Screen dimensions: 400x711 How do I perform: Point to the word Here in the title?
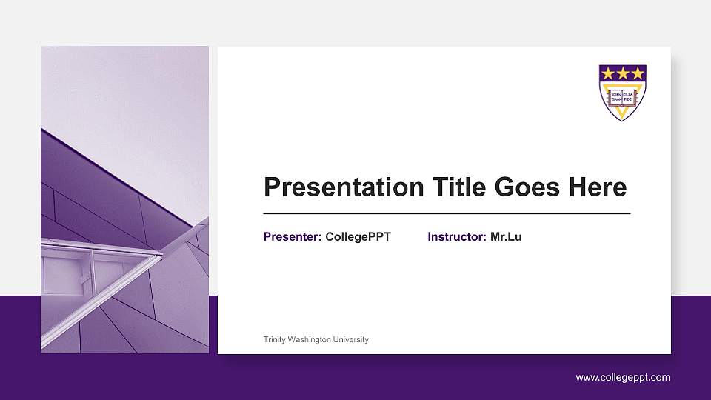(x=597, y=187)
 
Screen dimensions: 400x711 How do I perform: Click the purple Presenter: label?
(x=293, y=237)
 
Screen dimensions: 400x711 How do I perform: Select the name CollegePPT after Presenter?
(x=358, y=237)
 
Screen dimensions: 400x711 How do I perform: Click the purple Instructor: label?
(x=457, y=237)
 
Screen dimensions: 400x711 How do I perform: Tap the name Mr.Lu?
(x=506, y=237)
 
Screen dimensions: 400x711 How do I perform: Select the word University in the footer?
(x=352, y=339)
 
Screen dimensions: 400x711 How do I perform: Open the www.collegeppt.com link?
(x=623, y=378)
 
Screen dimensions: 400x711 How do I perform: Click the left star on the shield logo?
(x=609, y=73)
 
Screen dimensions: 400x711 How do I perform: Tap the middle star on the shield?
(x=623, y=73)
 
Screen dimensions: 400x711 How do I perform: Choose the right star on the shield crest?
(x=637, y=73)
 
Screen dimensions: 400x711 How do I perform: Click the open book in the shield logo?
(x=623, y=95)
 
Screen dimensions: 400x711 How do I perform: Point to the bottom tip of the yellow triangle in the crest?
(x=623, y=119)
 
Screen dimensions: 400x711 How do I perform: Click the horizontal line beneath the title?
(x=447, y=213)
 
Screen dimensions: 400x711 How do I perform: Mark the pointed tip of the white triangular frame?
(x=161, y=256)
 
